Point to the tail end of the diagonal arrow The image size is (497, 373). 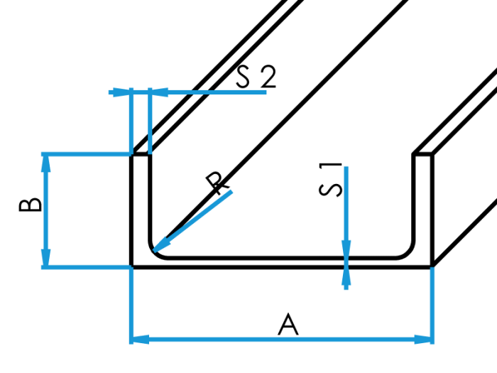[231, 191]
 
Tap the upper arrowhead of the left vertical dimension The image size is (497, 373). [46, 163]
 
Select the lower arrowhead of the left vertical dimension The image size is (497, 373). [46, 257]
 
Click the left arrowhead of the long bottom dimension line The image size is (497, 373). [140, 339]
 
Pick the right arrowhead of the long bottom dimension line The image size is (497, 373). [423, 339]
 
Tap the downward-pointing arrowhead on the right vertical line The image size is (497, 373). [346, 250]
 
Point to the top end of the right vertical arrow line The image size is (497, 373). [346, 167]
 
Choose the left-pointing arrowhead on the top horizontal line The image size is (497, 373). [160, 92]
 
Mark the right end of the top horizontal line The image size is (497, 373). [266, 92]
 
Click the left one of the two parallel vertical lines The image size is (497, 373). [131, 121]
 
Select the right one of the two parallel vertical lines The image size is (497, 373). [150, 121]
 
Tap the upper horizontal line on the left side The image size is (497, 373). [85, 153]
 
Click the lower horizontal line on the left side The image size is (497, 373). [85, 267]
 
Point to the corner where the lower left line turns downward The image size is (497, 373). [131, 268]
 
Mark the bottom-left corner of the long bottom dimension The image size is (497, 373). [131, 340]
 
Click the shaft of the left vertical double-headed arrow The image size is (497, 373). [46, 210]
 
